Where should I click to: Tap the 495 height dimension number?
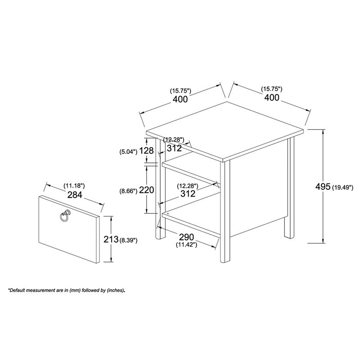[322, 186]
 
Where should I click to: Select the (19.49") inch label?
[344, 186]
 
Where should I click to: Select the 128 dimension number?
[146, 151]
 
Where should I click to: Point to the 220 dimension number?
[146, 190]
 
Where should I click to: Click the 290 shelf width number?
[186, 237]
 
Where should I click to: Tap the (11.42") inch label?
[186, 246]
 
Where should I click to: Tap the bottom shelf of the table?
[191, 220]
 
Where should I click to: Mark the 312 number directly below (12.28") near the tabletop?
[174, 148]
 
